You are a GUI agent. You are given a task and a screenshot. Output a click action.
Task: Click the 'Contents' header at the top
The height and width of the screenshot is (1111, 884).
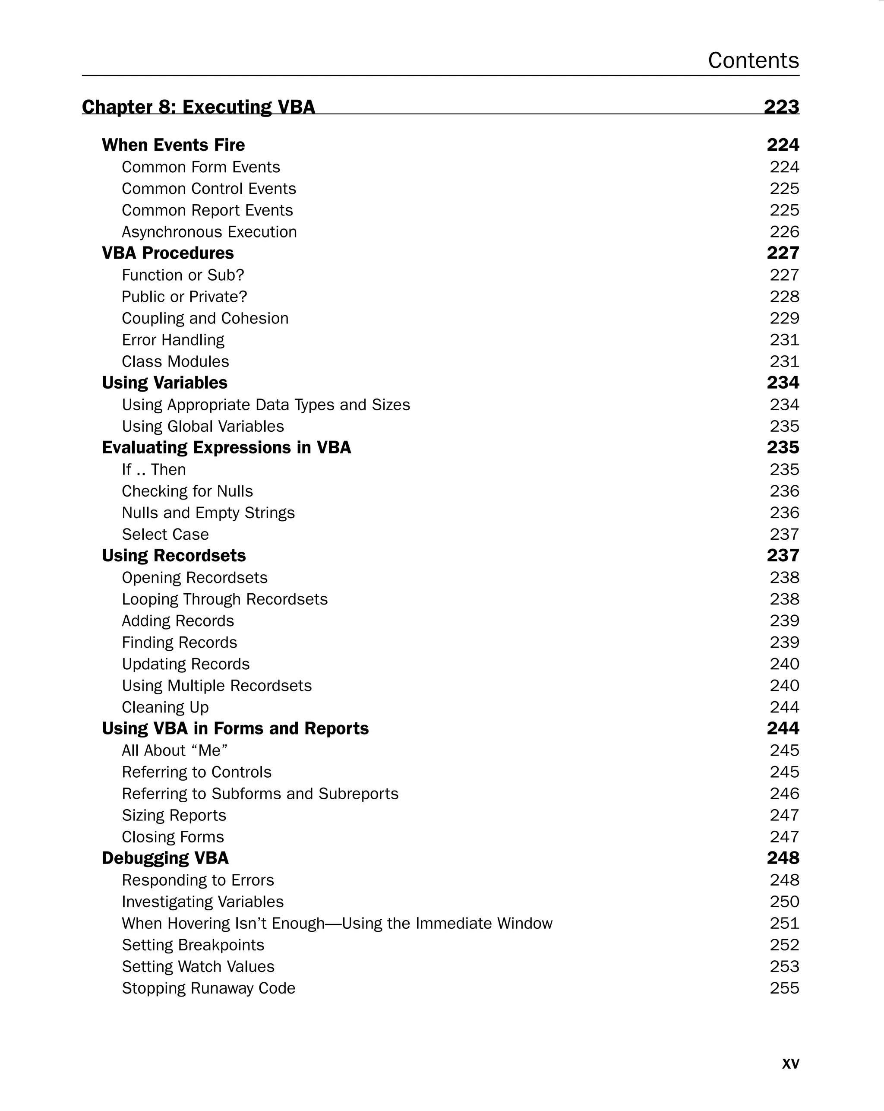(753, 60)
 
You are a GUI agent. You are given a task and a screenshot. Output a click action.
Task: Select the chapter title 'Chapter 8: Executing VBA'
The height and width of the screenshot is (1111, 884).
(198, 107)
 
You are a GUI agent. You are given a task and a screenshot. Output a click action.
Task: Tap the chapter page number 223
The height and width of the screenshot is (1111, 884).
(781, 107)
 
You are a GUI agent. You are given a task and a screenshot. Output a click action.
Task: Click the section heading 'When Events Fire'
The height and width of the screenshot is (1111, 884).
(173, 145)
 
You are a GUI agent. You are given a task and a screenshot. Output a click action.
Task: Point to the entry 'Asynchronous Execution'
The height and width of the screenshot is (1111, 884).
(209, 232)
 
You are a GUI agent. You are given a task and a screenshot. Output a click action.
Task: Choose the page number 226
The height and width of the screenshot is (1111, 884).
(784, 232)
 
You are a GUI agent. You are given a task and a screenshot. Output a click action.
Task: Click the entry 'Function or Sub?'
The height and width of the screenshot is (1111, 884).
(183, 275)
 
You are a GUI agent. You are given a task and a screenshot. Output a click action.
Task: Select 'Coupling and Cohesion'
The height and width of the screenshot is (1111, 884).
(205, 319)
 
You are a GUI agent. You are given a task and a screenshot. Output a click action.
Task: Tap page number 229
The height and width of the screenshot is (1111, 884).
(784, 319)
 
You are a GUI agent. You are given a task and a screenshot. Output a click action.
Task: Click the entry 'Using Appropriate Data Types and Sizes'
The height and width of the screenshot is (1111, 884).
(266, 405)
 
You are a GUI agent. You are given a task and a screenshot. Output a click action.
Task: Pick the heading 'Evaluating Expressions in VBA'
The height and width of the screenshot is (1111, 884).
(226, 448)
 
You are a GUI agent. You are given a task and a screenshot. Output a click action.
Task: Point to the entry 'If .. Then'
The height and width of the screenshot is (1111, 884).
(154, 469)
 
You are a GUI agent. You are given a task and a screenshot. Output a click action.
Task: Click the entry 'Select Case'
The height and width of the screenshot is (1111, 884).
(165, 535)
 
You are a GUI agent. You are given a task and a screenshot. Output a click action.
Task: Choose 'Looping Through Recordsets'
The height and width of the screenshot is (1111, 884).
(224, 599)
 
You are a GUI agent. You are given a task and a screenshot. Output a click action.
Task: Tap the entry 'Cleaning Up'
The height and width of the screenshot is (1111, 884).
(165, 708)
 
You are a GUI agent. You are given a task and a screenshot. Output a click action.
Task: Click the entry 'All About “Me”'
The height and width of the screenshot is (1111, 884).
(175, 750)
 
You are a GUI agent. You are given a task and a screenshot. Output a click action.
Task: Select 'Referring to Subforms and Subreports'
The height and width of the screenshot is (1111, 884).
(260, 794)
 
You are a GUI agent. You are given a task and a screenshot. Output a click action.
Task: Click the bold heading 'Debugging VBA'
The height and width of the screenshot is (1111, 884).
(165, 858)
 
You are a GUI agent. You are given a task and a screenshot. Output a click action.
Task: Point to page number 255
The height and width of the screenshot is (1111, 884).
(784, 988)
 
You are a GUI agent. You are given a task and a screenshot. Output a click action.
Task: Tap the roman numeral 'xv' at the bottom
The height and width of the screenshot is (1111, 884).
(790, 1063)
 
